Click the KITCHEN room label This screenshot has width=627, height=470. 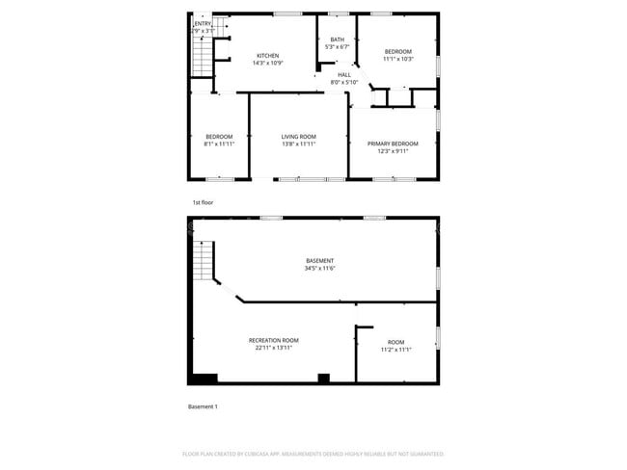pos(267,55)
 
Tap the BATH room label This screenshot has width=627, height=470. pos(337,39)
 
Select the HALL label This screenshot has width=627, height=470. pos(344,75)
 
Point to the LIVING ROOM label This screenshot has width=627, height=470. pos(298,137)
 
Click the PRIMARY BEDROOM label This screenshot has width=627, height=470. pos(393,143)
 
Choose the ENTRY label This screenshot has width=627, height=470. pos(204,24)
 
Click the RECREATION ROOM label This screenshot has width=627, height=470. pos(273,340)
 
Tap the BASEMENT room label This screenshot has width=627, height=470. pos(319,261)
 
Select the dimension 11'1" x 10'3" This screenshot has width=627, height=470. pos(398,59)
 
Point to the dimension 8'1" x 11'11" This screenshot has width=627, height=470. pos(219,144)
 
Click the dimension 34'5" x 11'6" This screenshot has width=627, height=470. pos(319,269)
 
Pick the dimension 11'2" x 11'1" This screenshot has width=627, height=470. pos(396,350)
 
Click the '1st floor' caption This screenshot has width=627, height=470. pos(202,203)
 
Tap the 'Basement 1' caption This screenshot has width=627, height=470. pos(203,406)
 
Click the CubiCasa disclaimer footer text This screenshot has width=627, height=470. pos(313,453)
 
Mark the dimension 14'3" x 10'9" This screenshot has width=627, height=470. pos(267,63)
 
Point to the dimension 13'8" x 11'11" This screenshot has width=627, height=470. pos(298,144)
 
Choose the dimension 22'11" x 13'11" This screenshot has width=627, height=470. pos(273,348)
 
